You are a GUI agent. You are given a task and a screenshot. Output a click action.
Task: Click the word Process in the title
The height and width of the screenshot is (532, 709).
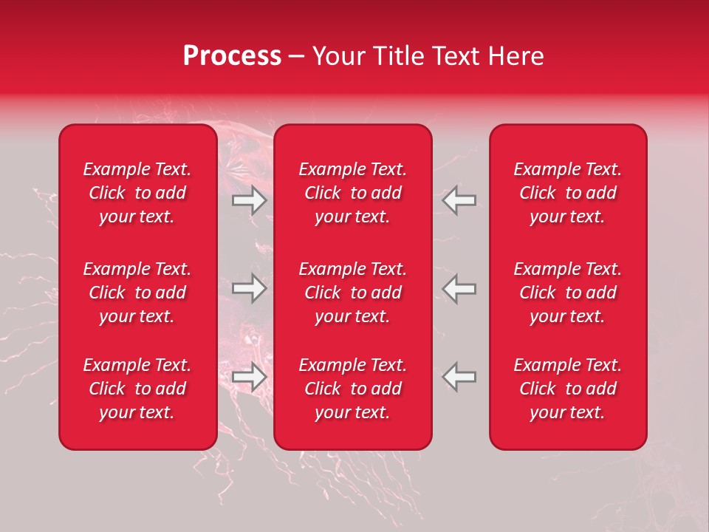[232, 56]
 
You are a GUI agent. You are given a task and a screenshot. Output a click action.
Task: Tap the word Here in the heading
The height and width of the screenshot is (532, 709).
[516, 56]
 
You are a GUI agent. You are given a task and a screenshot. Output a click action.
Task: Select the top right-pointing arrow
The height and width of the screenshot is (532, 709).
[250, 200]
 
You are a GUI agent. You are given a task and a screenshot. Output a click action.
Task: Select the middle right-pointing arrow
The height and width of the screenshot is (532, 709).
[250, 288]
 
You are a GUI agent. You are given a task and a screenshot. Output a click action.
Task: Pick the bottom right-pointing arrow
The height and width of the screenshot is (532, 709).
[250, 377]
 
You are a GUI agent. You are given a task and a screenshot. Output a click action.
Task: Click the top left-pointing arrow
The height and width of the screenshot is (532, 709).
[459, 200]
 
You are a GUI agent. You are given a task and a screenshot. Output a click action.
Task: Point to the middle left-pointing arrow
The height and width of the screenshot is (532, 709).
[459, 288]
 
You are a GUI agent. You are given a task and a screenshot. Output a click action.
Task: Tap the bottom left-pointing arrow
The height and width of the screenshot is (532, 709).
[459, 377]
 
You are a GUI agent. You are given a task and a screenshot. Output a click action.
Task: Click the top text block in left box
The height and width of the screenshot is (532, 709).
[137, 193]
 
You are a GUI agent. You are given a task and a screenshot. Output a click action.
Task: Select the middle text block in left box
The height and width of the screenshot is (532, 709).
[137, 293]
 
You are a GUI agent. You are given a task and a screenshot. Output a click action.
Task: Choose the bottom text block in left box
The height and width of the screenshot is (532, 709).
[137, 389]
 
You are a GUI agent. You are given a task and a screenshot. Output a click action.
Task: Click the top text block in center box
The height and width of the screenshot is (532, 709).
[353, 193]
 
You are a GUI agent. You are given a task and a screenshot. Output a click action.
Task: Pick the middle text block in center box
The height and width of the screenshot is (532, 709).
[353, 293]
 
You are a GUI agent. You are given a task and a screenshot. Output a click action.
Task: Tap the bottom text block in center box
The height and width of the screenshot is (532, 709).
[353, 389]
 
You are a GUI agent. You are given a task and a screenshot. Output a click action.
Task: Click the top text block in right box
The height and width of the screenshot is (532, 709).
[568, 193]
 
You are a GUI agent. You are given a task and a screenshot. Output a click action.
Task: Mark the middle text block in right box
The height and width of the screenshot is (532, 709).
[568, 293]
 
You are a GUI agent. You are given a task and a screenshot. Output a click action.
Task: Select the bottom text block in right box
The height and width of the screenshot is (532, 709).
[568, 389]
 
